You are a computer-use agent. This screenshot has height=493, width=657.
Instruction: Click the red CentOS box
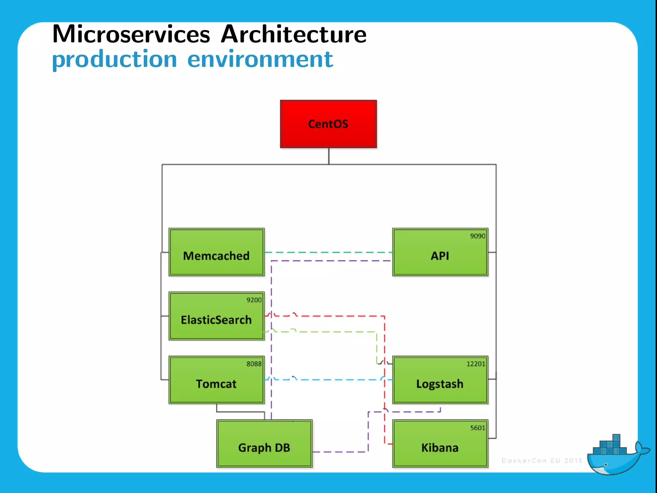[x=328, y=124]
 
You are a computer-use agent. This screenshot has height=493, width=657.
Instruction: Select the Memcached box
[x=217, y=252]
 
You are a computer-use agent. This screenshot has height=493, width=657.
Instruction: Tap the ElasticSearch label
[x=216, y=320]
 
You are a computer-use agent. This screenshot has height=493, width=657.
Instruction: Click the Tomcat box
[x=217, y=380]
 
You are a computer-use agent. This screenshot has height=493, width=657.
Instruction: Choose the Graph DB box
[x=264, y=444]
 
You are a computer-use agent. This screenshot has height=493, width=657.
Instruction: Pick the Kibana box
[x=440, y=444]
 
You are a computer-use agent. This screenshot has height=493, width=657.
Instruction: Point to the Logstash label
[x=439, y=384]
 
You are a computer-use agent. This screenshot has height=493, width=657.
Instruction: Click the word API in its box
[x=439, y=256]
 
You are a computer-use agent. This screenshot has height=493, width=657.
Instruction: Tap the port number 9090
[x=477, y=236]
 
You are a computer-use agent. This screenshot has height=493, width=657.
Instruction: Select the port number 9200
[x=254, y=300]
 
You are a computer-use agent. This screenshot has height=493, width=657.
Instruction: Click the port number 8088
[x=254, y=364]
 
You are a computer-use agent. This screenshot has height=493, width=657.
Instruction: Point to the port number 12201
[x=475, y=364]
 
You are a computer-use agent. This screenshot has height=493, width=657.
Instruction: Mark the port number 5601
[x=477, y=428]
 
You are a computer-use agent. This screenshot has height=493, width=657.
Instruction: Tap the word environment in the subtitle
[x=260, y=59]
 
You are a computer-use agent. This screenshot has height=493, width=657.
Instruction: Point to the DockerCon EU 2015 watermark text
[x=542, y=461]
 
